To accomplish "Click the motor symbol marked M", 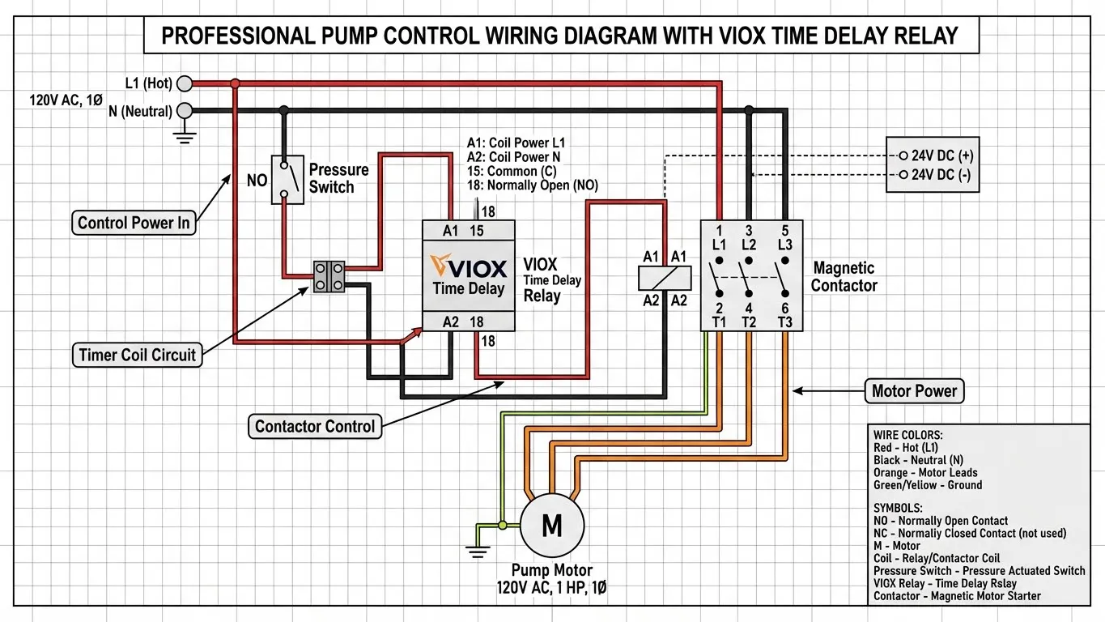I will [551, 526].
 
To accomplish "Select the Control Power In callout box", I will [134, 223].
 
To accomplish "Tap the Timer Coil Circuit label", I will [138, 355].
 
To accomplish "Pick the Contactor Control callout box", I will [315, 427].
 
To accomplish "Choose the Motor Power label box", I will [914, 391].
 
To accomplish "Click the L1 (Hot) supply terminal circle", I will [185, 83].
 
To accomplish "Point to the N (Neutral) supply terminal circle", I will [185, 110].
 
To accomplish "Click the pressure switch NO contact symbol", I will [283, 179].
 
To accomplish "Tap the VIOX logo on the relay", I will [470, 267].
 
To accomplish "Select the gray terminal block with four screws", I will [329, 276].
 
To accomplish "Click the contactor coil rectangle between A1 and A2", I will [664, 279].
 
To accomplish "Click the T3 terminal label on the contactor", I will [784, 322].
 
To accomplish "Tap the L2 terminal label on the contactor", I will [749, 244].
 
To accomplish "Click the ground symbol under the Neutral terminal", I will [185, 136].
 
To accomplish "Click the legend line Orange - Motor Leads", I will [925, 472].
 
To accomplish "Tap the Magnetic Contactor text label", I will [844, 276].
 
